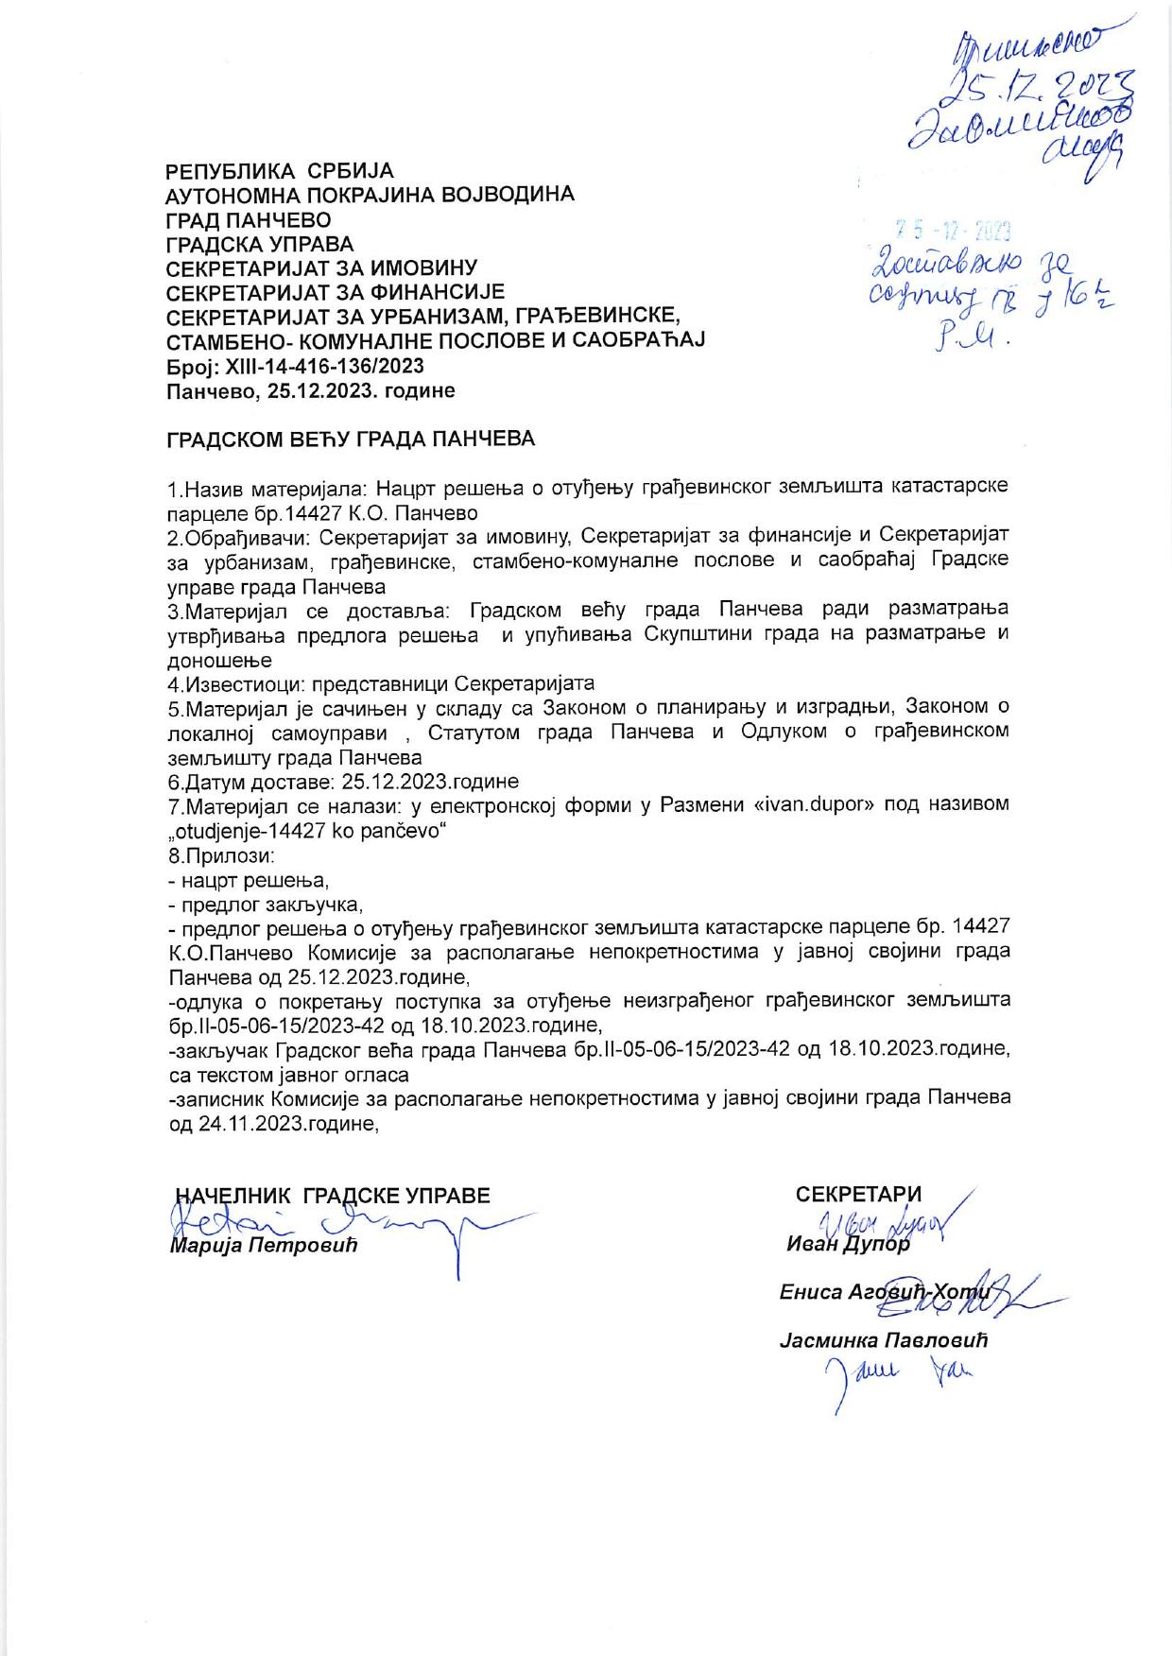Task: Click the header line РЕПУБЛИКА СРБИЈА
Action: [x=280, y=171]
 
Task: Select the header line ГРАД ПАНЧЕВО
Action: [x=249, y=219]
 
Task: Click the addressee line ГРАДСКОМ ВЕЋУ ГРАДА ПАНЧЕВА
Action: [x=351, y=440]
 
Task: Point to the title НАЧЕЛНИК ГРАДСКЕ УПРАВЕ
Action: [x=334, y=1196]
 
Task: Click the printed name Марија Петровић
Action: [x=265, y=1246]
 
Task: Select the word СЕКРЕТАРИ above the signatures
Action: [x=858, y=1195]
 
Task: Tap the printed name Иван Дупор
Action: [x=848, y=1245]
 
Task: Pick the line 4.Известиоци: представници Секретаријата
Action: [x=381, y=683]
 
